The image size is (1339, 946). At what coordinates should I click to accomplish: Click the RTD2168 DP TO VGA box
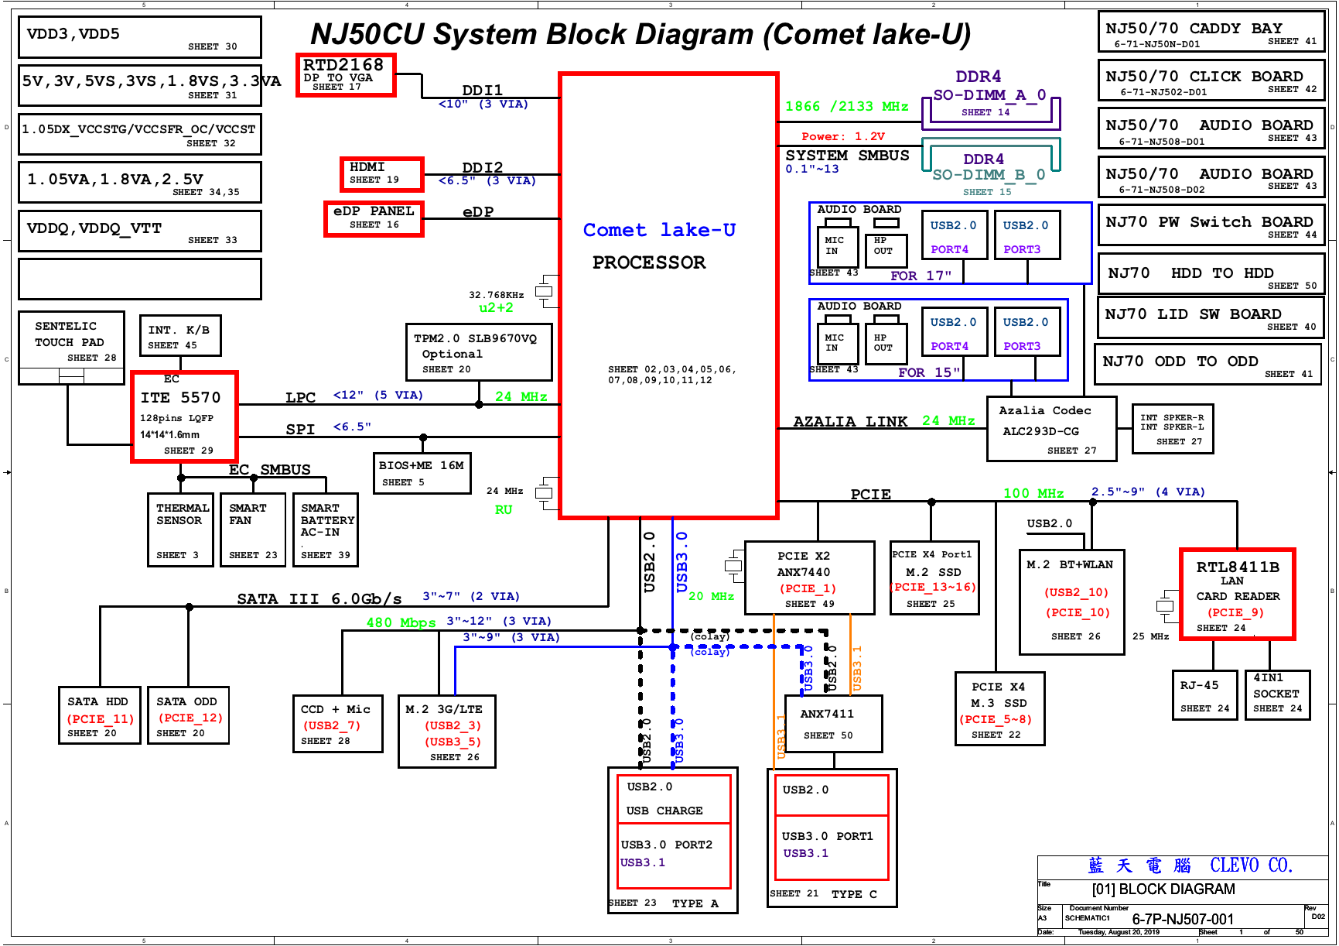tap(346, 75)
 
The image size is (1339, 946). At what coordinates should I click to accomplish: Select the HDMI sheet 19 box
tap(381, 174)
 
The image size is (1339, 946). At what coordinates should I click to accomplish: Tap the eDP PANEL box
tap(374, 218)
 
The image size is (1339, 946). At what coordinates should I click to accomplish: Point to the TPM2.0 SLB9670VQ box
tap(478, 353)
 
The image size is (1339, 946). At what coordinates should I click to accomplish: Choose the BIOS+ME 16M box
tap(422, 473)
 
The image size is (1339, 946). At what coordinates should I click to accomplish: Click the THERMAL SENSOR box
tap(180, 530)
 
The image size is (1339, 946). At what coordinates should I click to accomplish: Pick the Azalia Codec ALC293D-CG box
tap(1051, 429)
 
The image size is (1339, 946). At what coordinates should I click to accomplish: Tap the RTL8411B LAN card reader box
tap(1236, 595)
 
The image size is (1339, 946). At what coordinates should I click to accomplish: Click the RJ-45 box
tap(1204, 695)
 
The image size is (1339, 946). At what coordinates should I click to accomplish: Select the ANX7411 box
tap(832, 723)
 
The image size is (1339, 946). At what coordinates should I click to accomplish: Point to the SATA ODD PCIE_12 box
tap(188, 715)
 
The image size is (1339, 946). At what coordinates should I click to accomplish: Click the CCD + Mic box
tap(337, 724)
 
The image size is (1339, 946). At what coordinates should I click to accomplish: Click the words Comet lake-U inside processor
tap(659, 230)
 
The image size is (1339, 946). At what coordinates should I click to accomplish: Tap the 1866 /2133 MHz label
tap(846, 107)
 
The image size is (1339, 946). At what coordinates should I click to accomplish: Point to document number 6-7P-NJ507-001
tap(1182, 920)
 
